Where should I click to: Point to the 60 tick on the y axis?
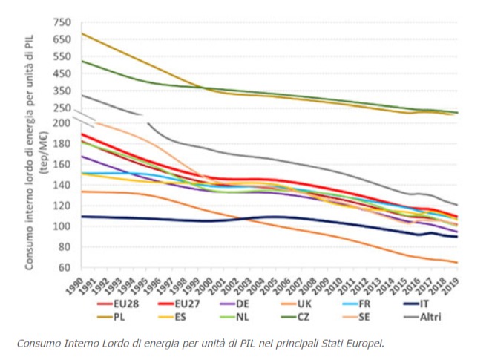click(64, 267)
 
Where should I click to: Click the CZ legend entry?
click(303, 317)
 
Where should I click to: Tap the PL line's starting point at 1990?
click(81, 33)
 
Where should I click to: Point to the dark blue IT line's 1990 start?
click(81, 217)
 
